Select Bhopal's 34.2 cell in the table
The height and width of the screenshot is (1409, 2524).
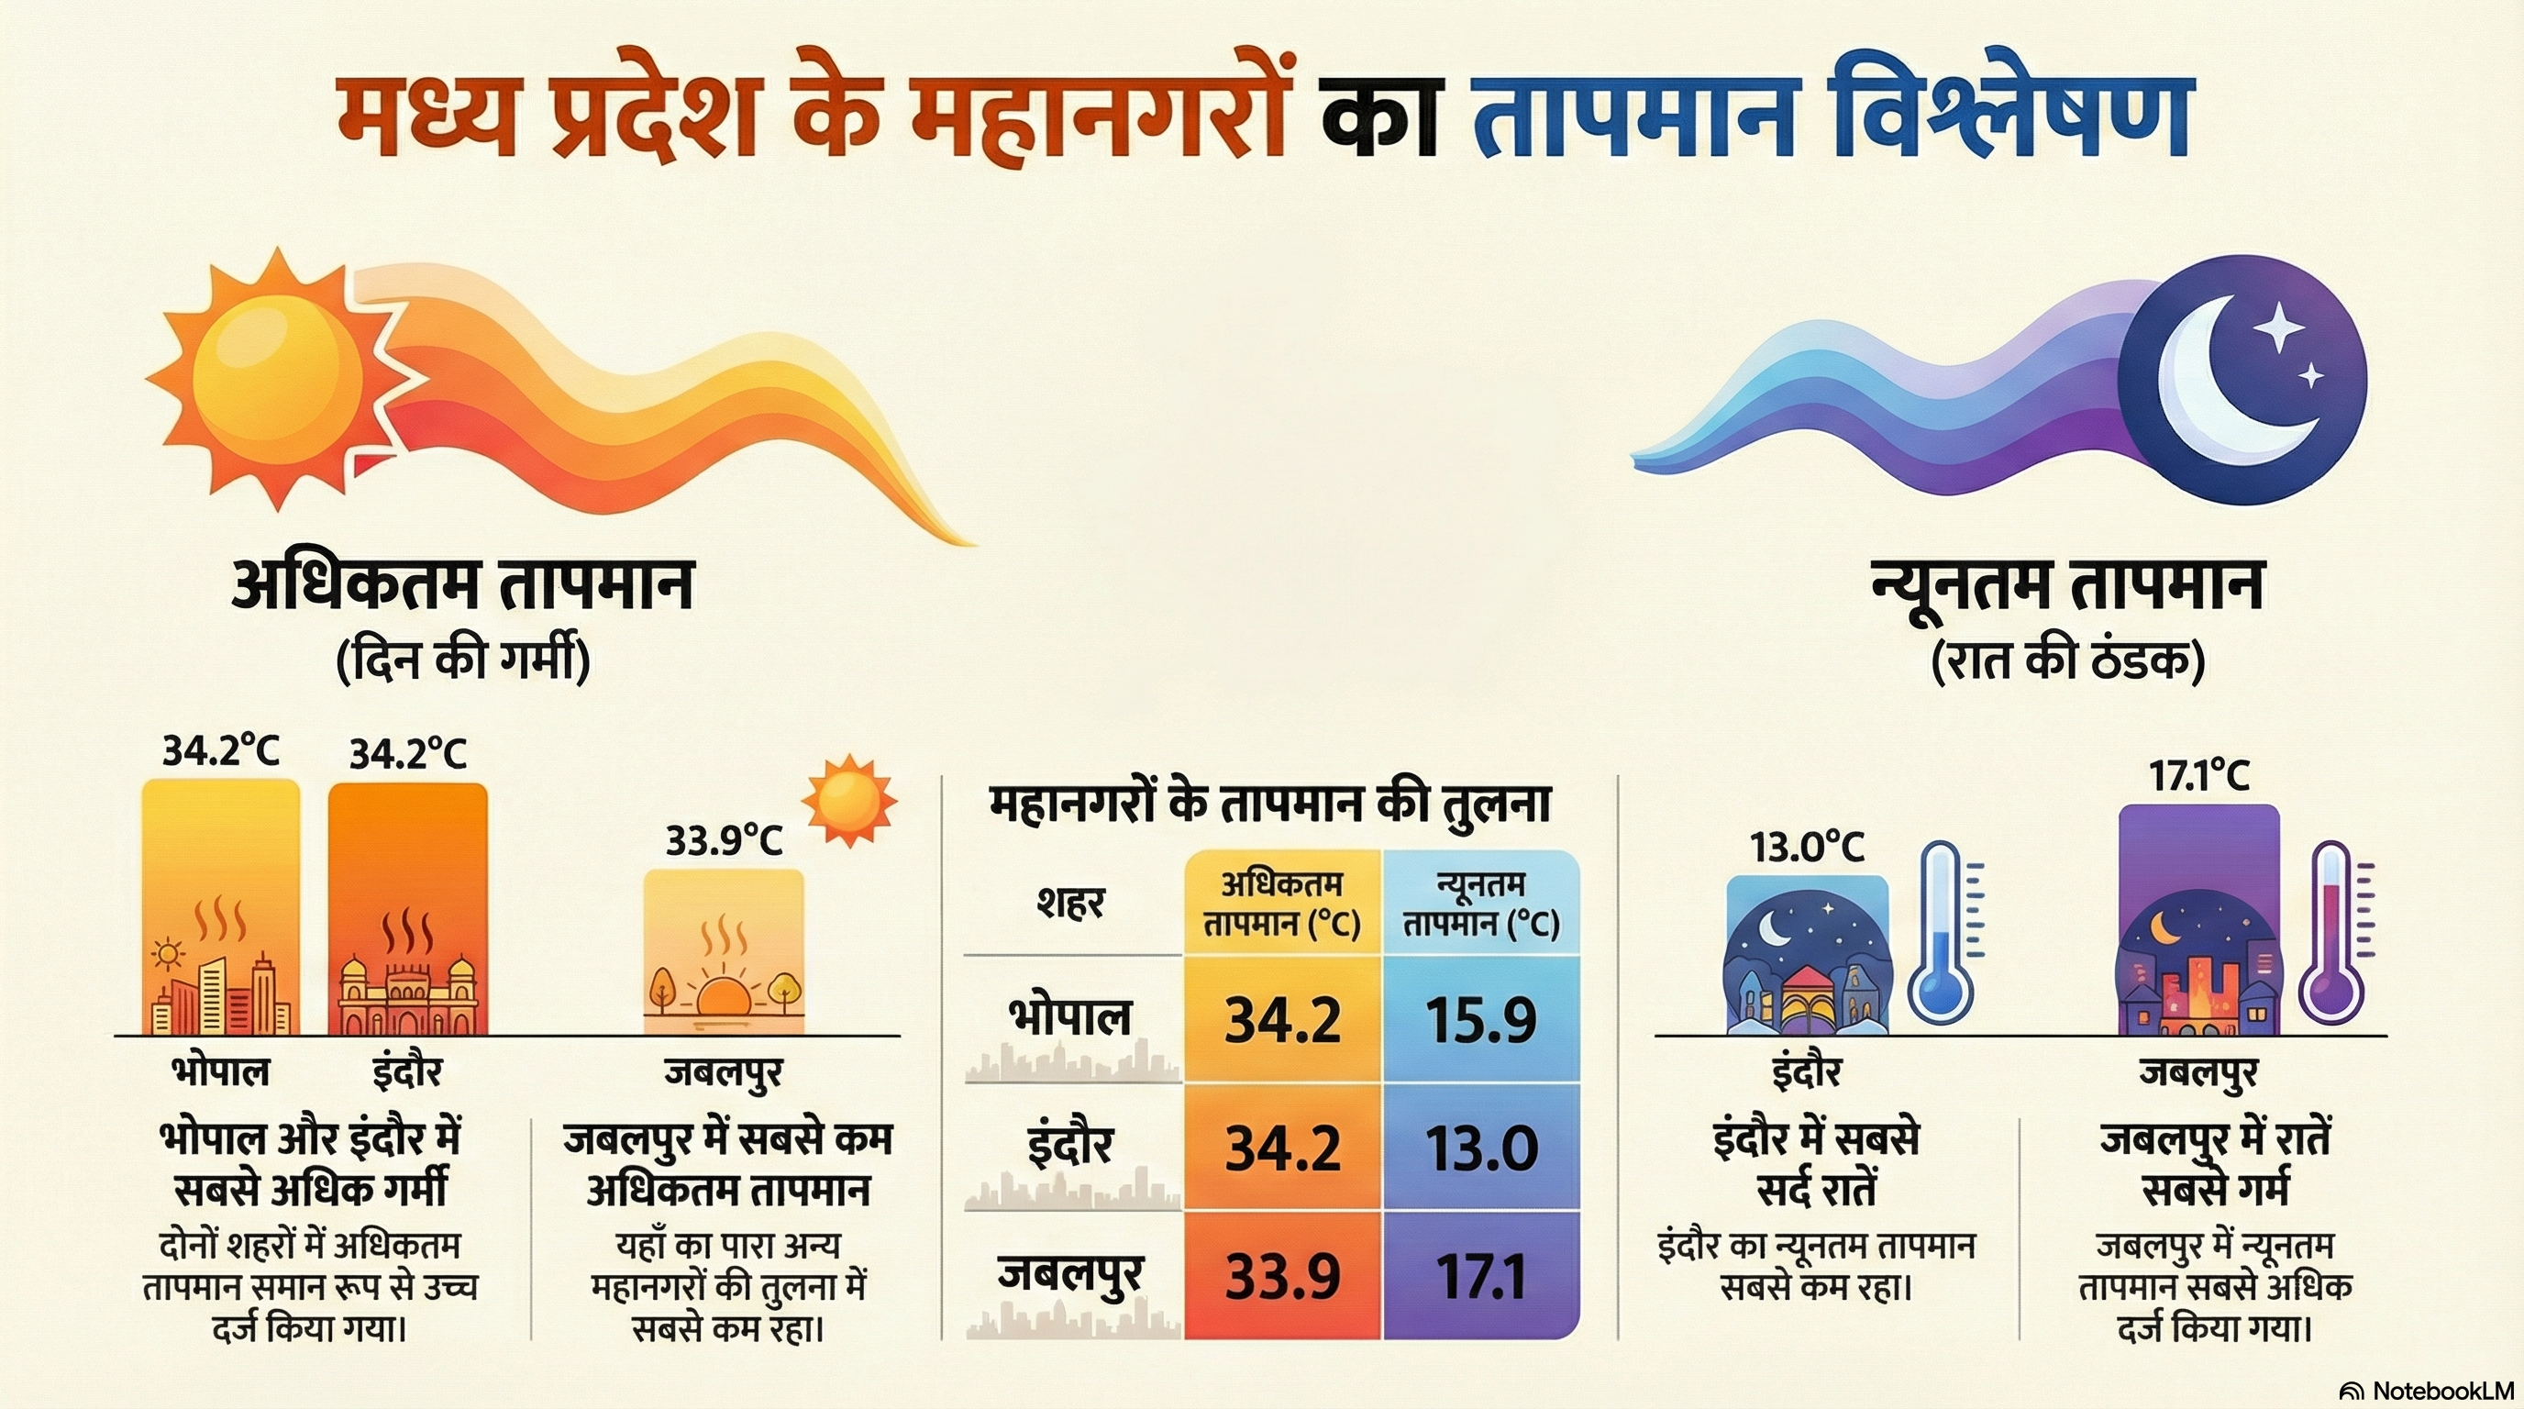(x=1282, y=1020)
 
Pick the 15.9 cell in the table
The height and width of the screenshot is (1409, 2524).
(x=1480, y=1020)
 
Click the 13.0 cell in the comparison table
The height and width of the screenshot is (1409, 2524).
(x=1480, y=1148)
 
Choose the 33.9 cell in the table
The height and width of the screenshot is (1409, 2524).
(x=1282, y=1276)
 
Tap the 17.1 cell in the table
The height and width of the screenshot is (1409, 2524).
(x=1480, y=1276)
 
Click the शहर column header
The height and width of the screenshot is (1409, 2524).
(x=1071, y=903)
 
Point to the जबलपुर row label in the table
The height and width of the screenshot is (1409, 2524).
(x=1071, y=1274)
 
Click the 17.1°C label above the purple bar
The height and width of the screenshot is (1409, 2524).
(x=2198, y=777)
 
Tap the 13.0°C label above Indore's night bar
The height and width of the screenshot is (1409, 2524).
(x=1807, y=848)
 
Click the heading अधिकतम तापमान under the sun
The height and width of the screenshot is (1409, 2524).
(x=462, y=585)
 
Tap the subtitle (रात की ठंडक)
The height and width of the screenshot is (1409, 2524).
(x=2067, y=661)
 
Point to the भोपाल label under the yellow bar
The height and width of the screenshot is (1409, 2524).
(x=220, y=1071)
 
